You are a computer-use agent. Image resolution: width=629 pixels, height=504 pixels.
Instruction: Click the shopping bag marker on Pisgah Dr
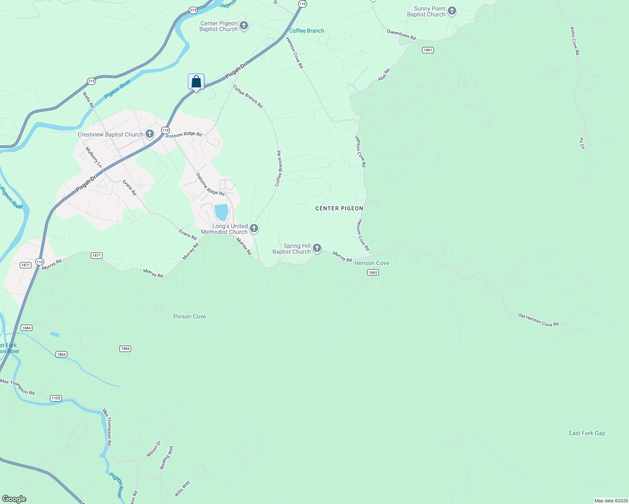(196, 81)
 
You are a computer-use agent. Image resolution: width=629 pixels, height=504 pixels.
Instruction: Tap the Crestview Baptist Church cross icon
(150, 134)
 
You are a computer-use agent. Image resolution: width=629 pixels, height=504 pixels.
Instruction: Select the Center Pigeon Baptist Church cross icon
(243, 26)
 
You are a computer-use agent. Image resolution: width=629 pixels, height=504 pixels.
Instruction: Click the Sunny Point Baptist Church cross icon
(452, 11)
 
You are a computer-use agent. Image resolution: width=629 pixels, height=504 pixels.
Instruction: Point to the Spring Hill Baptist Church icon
(317, 248)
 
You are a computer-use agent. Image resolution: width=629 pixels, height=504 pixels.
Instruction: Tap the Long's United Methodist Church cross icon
(254, 228)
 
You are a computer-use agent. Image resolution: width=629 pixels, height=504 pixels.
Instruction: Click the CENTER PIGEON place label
(339, 208)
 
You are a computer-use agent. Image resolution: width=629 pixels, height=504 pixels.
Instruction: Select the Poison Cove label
(190, 316)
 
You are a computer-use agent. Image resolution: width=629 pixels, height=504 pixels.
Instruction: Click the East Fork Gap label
(587, 433)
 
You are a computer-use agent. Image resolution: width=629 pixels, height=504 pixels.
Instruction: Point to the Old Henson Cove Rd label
(538, 320)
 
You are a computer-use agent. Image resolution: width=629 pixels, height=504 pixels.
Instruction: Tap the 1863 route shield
(373, 273)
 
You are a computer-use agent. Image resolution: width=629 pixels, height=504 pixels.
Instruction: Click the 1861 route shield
(428, 50)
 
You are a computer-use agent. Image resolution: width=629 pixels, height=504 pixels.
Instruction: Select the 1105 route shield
(55, 398)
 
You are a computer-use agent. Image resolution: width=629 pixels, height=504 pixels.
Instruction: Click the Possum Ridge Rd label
(184, 134)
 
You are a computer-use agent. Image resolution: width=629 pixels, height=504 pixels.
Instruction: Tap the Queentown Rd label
(401, 34)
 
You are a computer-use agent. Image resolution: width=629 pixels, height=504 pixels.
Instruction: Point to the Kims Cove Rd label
(575, 41)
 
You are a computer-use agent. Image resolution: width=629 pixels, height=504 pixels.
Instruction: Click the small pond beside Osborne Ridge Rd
(221, 212)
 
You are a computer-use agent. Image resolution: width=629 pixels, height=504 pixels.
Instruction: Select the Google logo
(14, 499)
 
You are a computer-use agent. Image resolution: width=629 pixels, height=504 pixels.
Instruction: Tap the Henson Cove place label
(372, 263)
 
